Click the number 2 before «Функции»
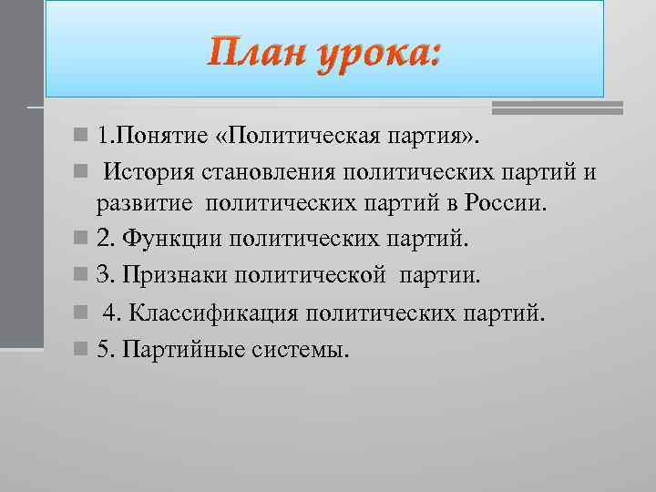pyautogui.click(x=101, y=240)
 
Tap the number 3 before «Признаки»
pyautogui.click(x=101, y=275)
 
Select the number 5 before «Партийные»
pyautogui.click(x=101, y=349)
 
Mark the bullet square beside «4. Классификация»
pyautogui.click(x=82, y=313)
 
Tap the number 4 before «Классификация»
pyautogui.click(x=109, y=313)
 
